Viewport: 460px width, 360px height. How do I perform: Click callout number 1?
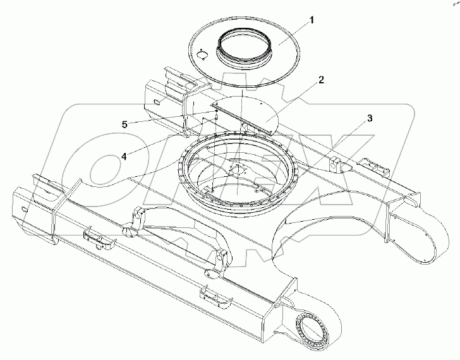pyautogui.click(x=310, y=21)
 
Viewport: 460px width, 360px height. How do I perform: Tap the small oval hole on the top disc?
pyautogui.click(x=201, y=55)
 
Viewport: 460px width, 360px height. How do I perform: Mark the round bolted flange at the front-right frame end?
pyautogui.click(x=314, y=331)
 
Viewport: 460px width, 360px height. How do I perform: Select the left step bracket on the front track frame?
pyautogui.click(x=97, y=239)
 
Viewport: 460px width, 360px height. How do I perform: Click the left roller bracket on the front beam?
pyautogui.click(x=131, y=224)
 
